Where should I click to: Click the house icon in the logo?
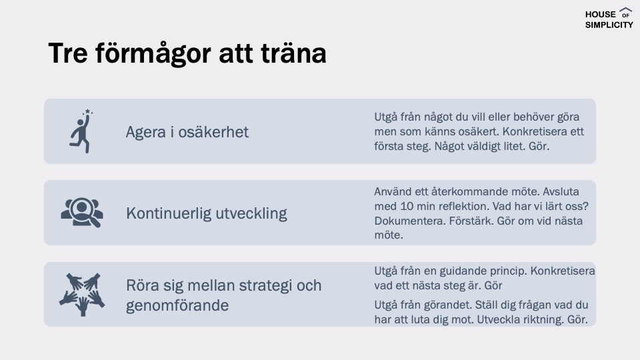pos(625,13)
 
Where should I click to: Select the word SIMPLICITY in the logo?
pos(609,25)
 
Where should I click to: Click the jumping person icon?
pos(81,131)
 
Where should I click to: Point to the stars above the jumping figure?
pos(88,112)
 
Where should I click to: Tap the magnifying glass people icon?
pos(82,212)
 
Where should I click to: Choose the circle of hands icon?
pos(82,294)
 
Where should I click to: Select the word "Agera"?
pos(146,133)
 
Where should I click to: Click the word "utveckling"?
pos(251,213)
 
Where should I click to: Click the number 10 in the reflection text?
pos(407,206)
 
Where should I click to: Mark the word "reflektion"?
pos(459,206)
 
